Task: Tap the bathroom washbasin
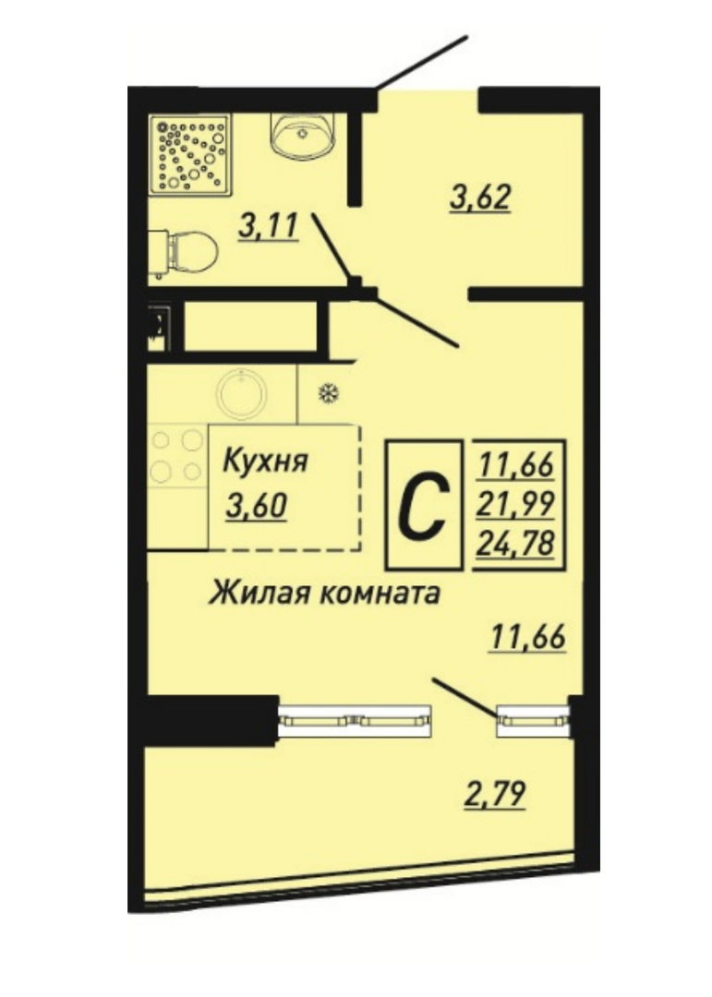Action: point(303,135)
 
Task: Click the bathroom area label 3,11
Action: point(269,227)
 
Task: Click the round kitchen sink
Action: point(241,393)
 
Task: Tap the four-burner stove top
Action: point(177,455)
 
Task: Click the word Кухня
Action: point(265,461)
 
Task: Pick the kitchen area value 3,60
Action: point(257,507)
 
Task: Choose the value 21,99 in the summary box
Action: point(516,504)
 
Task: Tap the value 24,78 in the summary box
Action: point(516,543)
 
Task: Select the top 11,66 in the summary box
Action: point(516,466)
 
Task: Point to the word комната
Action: point(377,594)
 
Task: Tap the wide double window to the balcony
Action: point(355,721)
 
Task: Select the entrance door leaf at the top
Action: point(420,62)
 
